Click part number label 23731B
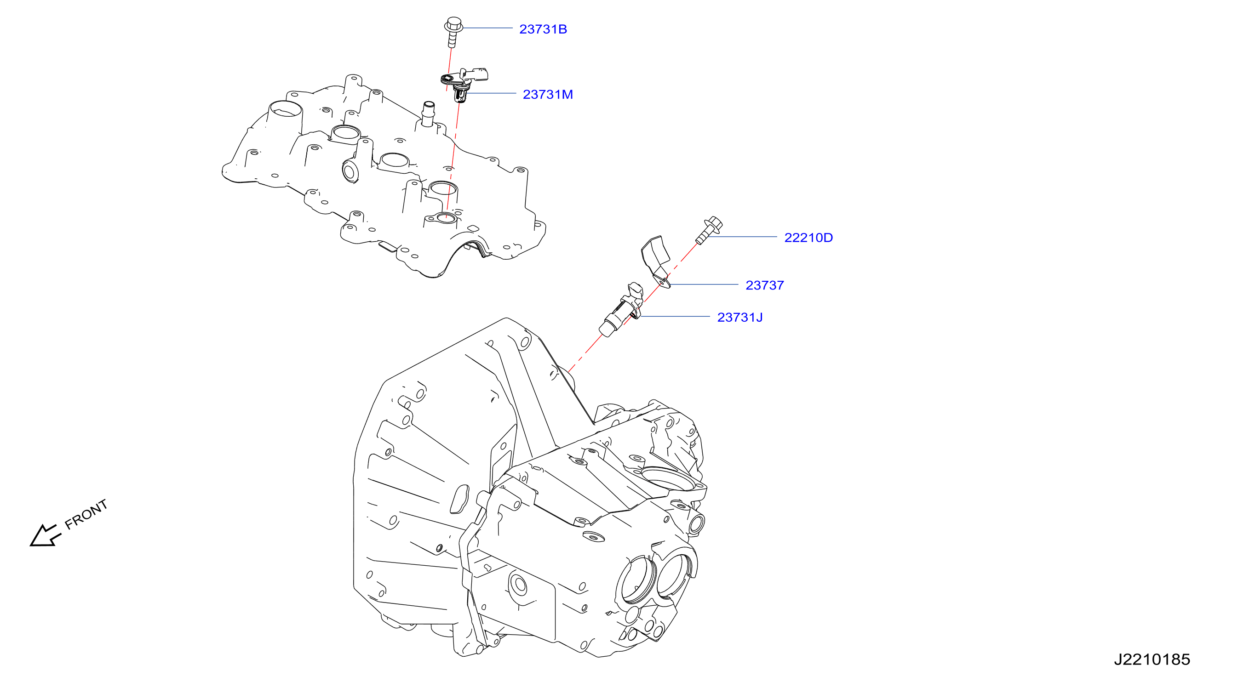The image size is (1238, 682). [x=543, y=29]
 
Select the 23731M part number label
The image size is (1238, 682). [x=548, y=95]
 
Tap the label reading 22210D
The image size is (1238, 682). [x=808, y=238]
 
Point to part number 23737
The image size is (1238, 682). [x=765, y=285]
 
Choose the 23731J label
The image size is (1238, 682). [x=740, y=318]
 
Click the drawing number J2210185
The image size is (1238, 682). [x=1152, y=659]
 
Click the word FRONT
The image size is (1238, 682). [x=86, y=514]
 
